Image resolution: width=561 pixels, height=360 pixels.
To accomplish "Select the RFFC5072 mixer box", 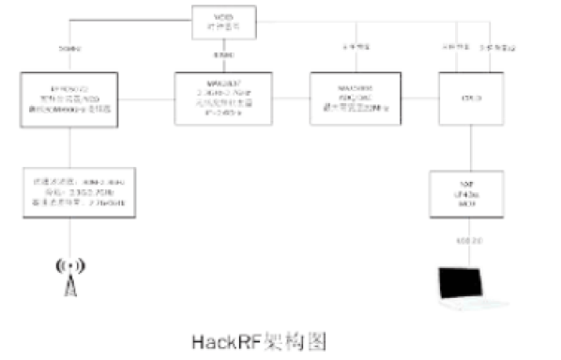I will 69,97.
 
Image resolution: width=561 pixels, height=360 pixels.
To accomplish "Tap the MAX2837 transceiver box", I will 223,97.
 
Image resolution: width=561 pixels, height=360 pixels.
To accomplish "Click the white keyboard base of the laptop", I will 476,306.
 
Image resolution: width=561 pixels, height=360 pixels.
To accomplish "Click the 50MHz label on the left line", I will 70,47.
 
